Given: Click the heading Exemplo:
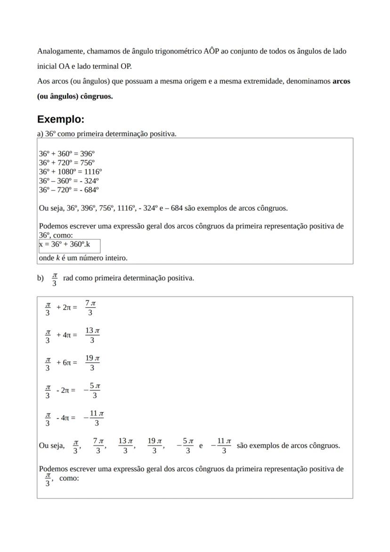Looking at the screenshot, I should pos(61,119).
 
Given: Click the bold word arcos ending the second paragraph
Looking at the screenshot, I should pos(341,81).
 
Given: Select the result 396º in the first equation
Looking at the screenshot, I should pos(88,154).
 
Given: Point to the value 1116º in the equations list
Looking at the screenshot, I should pos(93,172).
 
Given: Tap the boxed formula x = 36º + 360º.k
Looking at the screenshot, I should pos(65,245).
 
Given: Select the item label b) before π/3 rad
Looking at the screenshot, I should pos(41,278).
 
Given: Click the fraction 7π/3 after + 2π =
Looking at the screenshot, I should pos(90,308).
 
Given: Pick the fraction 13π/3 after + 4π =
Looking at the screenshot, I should pos(92,335).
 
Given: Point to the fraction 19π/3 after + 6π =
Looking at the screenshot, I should pos(92,363).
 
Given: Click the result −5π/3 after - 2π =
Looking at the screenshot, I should pos(92,390).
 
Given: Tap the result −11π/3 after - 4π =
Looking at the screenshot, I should pos(93,418).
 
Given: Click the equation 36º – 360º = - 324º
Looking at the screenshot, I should pos(69,181).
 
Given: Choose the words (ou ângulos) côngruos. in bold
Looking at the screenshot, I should pos(75,96).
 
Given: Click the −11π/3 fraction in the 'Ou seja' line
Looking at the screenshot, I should pos(221,445).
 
